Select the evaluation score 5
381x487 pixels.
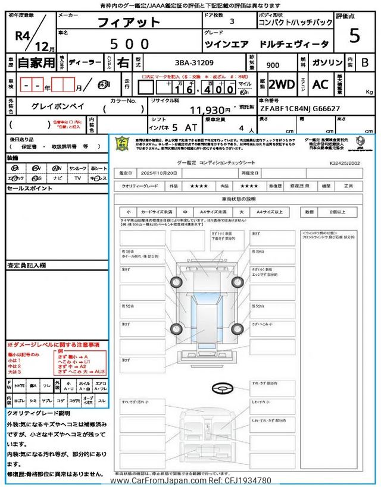click(355, 36)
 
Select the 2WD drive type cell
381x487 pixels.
click(282, 84)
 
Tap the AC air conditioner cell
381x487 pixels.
click(320, 84)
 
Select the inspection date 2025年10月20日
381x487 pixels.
click(156, 173)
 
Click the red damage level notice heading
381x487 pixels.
click(53, 345)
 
